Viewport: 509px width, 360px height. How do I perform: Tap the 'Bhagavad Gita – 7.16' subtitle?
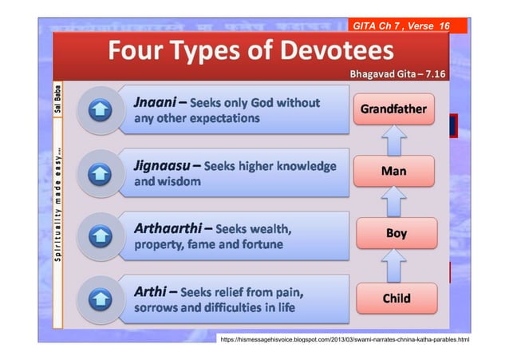(x=396, y=74)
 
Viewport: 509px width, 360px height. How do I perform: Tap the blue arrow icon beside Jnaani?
(x=97, y=111)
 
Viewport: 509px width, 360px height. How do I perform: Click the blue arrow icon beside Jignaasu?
(x=97, y=174)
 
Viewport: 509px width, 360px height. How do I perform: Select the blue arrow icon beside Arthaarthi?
(x=97, y=235)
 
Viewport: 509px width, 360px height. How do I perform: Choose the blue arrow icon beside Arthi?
(x=97, y=299)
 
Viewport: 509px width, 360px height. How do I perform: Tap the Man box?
(x=394, y=171)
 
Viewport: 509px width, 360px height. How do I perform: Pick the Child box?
(x=396, y=299)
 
